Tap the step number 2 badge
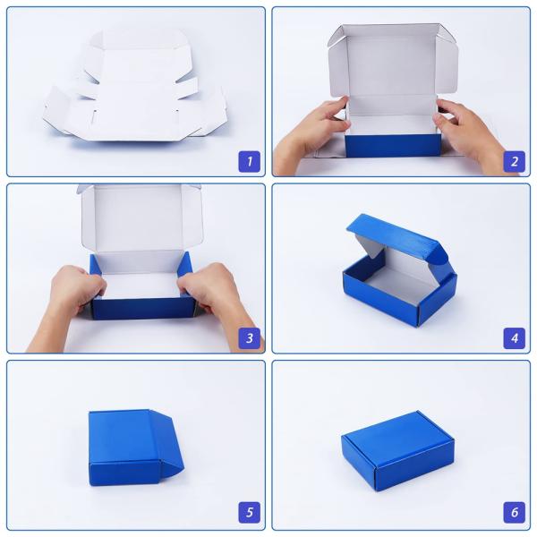pos(514,161)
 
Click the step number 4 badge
pos(514,338)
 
